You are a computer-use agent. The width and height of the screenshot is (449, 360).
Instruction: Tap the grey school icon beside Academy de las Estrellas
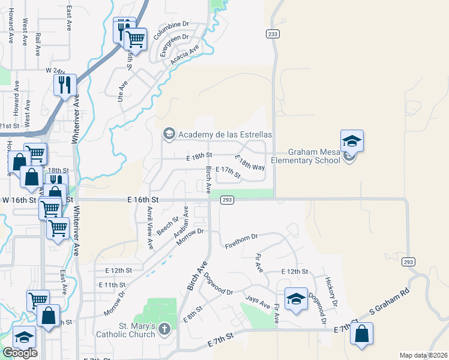169,134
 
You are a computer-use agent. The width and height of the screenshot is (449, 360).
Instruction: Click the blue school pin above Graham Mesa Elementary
352,142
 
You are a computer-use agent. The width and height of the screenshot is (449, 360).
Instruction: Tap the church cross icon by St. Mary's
166,328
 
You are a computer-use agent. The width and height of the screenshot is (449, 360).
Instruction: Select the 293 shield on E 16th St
226,200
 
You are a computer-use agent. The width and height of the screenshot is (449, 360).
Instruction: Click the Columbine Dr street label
171,30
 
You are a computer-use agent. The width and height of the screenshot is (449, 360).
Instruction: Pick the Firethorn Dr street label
241,241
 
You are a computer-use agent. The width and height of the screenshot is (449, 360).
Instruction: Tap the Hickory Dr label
331,290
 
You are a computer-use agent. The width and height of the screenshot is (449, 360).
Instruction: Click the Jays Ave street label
257,301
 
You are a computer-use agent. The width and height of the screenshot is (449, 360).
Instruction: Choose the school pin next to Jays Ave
295,299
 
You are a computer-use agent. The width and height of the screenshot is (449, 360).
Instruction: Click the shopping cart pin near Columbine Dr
136,40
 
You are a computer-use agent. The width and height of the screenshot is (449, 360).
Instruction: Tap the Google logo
20,353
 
